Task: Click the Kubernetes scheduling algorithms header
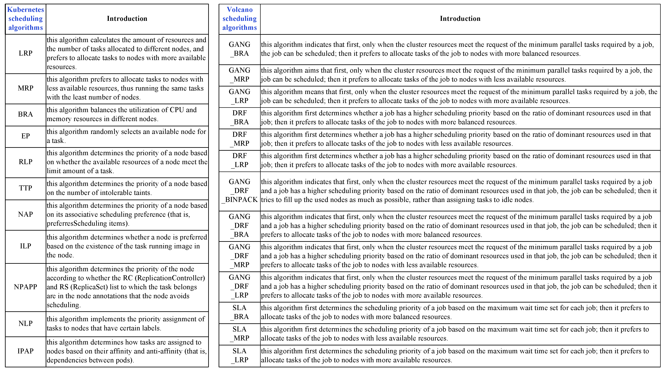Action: click(x=25, y=19)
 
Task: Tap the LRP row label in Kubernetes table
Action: click(x=25, y=53)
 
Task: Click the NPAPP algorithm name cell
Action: click(x=25, y=287)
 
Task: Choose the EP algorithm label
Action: click(x=25, y=136)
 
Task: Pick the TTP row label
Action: click(x=25, y=188)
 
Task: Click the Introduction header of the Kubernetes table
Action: click(x=127, y=19)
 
